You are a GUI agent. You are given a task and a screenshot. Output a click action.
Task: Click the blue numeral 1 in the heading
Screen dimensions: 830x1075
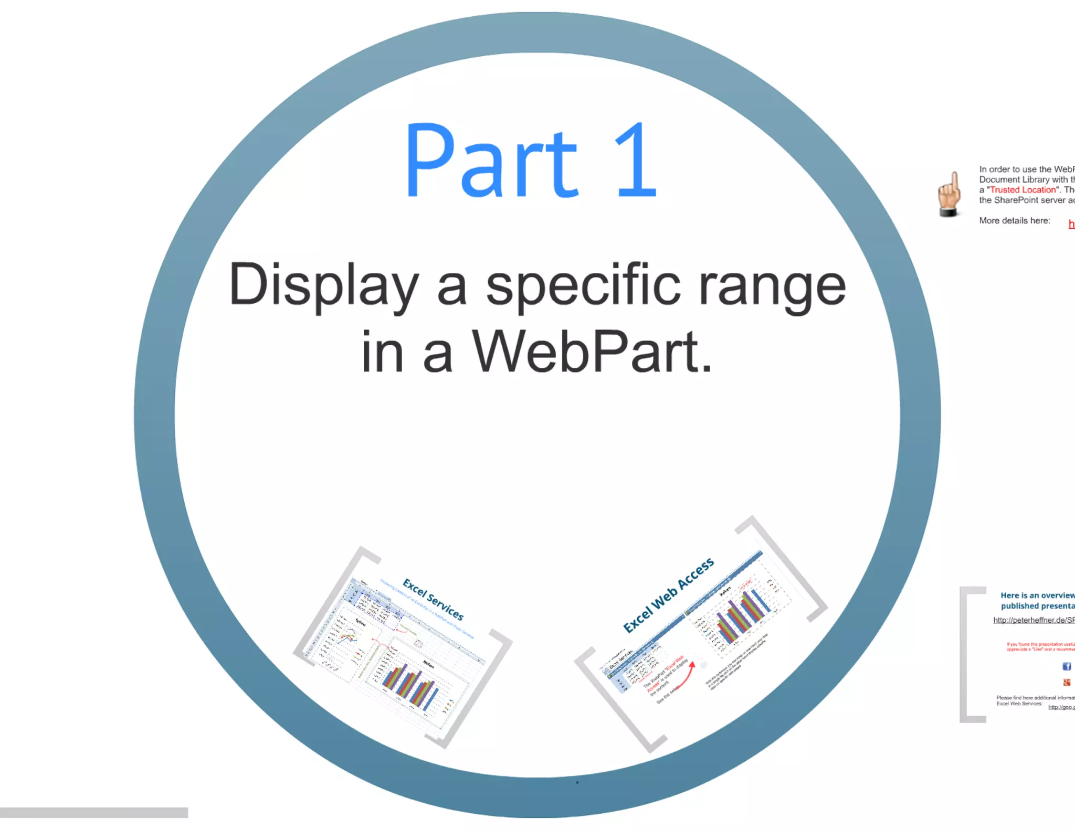(636, 160)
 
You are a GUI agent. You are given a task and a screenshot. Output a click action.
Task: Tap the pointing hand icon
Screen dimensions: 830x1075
(950, 194)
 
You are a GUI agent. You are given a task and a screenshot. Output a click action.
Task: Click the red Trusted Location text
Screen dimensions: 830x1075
(1023, 190)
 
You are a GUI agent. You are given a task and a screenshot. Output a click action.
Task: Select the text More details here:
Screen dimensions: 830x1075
(1014, 221)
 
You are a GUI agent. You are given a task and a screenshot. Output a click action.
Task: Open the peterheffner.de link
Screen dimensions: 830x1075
(1033, 620)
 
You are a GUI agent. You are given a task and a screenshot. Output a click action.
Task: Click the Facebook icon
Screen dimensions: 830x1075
(1067, 666)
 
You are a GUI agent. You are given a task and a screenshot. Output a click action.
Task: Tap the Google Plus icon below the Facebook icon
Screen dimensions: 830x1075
(1067, 683)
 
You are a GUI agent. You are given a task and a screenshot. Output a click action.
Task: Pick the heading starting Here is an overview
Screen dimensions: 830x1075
(1037, 601)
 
